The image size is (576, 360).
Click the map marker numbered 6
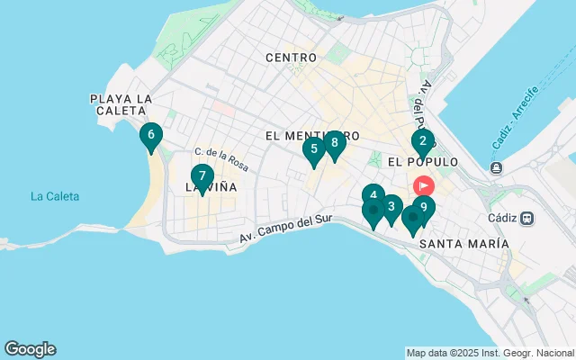point(151,136)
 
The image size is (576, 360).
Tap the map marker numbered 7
point(202,176)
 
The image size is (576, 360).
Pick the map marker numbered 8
point(334,142)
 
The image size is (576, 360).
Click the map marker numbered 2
point(423,140)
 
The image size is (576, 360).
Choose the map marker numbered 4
point(373,195)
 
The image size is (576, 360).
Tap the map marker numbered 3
point(390,206)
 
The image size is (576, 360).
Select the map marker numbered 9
point(423,207)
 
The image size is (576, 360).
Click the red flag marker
point(423,185)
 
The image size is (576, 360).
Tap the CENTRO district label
point(291,58)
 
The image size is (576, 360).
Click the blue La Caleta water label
point(54,196)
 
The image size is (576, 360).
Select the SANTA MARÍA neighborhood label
point(464,244)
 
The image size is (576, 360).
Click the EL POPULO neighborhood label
point(422,162)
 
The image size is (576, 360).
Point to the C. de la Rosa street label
point(221,160)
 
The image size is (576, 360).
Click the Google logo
point(30,349)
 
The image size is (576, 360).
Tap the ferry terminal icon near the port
point(495,167)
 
